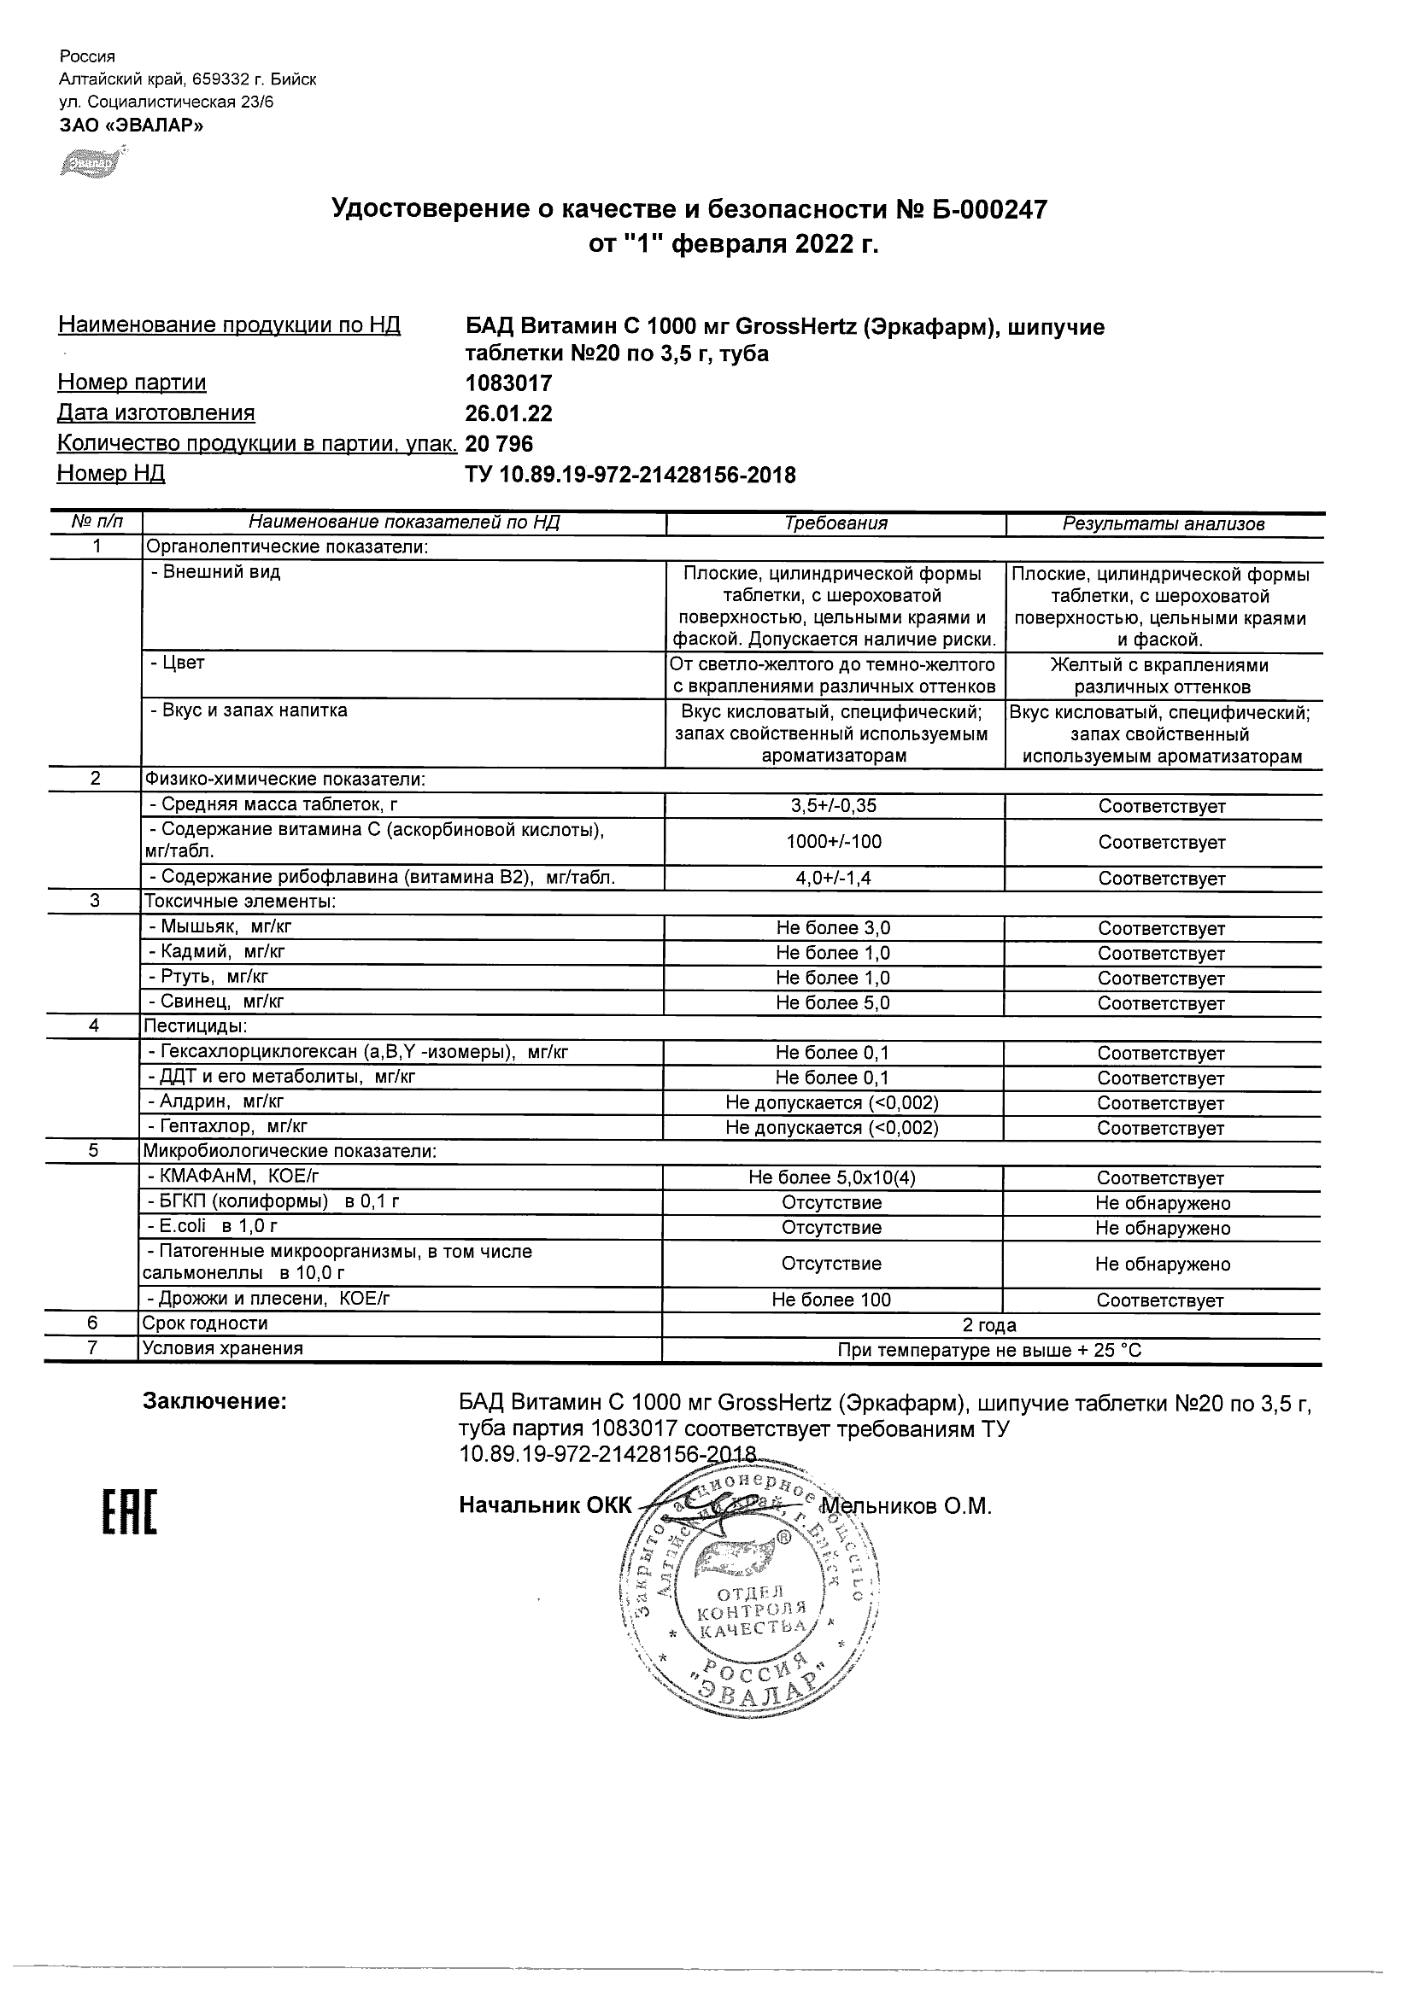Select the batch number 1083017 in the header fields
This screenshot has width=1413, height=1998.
pos(508,383)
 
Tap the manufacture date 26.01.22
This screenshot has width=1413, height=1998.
pos(508,413)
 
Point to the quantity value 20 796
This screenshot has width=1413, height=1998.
pos(500,444)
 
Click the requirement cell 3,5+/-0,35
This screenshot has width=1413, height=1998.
pos(833,806)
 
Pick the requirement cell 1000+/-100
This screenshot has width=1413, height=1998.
pos(833,842)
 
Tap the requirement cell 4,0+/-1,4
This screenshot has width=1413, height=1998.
pos(833,878)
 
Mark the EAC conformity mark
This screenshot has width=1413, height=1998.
pos(131,1513)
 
